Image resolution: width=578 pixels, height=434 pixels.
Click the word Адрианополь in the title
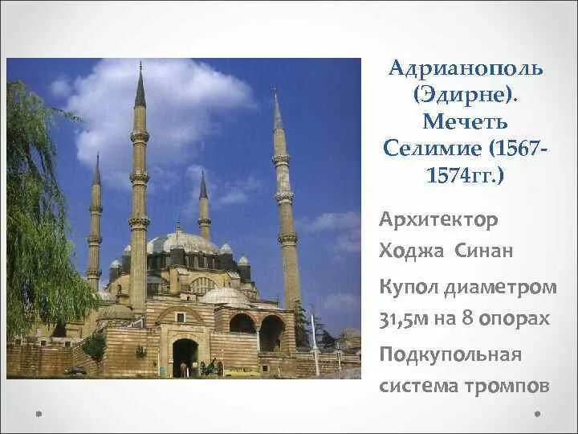click(466, 69)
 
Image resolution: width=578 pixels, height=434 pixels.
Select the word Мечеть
click(466, 122)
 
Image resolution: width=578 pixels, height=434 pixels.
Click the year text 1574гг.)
click(466, 175)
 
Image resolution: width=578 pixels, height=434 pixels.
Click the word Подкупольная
click(450, 354)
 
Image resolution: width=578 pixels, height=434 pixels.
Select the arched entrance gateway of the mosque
click(185, 357)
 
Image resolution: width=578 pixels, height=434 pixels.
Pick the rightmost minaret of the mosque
click(285, 209)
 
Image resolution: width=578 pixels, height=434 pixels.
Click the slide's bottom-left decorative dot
click(38, 415)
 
